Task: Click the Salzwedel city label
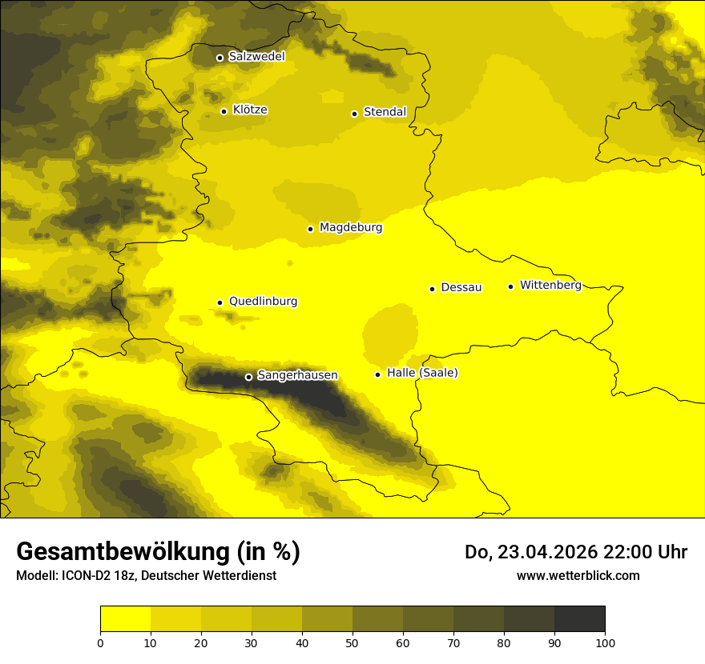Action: tap(256, 57)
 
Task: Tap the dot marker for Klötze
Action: tap(224, 111)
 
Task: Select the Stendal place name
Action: tap(385, 112)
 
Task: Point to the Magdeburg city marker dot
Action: tap(310, 229)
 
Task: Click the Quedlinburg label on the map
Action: tap(263, 302)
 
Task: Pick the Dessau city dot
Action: tap(432, 289)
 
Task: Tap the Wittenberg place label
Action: tap(550, 286)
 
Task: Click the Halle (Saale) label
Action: tap(422, 374)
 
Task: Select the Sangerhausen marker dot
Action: tap(248, 377)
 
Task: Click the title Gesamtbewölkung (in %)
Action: tap(158, 552)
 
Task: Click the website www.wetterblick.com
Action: tap(578, 576)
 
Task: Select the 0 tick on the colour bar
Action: tap(100, 642)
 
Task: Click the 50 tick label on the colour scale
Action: tap(352, 642)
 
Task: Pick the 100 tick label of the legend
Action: tap(605, 642)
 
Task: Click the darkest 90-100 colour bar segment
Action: tap(579, 619)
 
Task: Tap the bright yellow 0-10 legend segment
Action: tap(125, 619)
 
